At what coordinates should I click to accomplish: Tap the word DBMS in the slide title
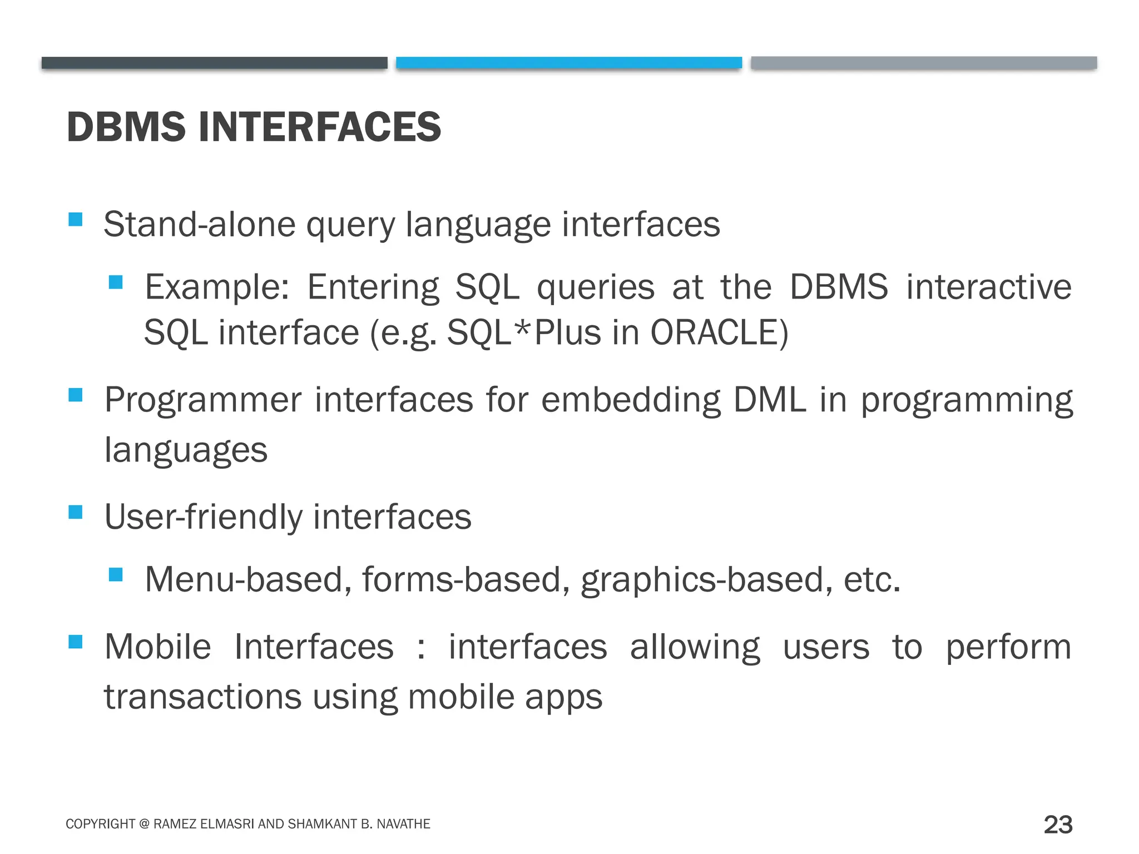[126, 127]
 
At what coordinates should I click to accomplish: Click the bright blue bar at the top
[568, 63]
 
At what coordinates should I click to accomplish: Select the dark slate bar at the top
[214, 63]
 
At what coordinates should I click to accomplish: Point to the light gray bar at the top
[923, 63]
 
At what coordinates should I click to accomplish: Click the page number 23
[1058, 825]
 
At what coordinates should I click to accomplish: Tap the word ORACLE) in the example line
[719, 332]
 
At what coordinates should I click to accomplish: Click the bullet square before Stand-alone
[76, 219]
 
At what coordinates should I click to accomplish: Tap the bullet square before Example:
[116, 282]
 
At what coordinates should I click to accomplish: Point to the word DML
[769, 399]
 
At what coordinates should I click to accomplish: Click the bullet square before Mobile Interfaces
[76, 642]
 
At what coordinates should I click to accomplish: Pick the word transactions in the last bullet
[202, 697]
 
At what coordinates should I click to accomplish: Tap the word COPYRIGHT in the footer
[101, 824]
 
